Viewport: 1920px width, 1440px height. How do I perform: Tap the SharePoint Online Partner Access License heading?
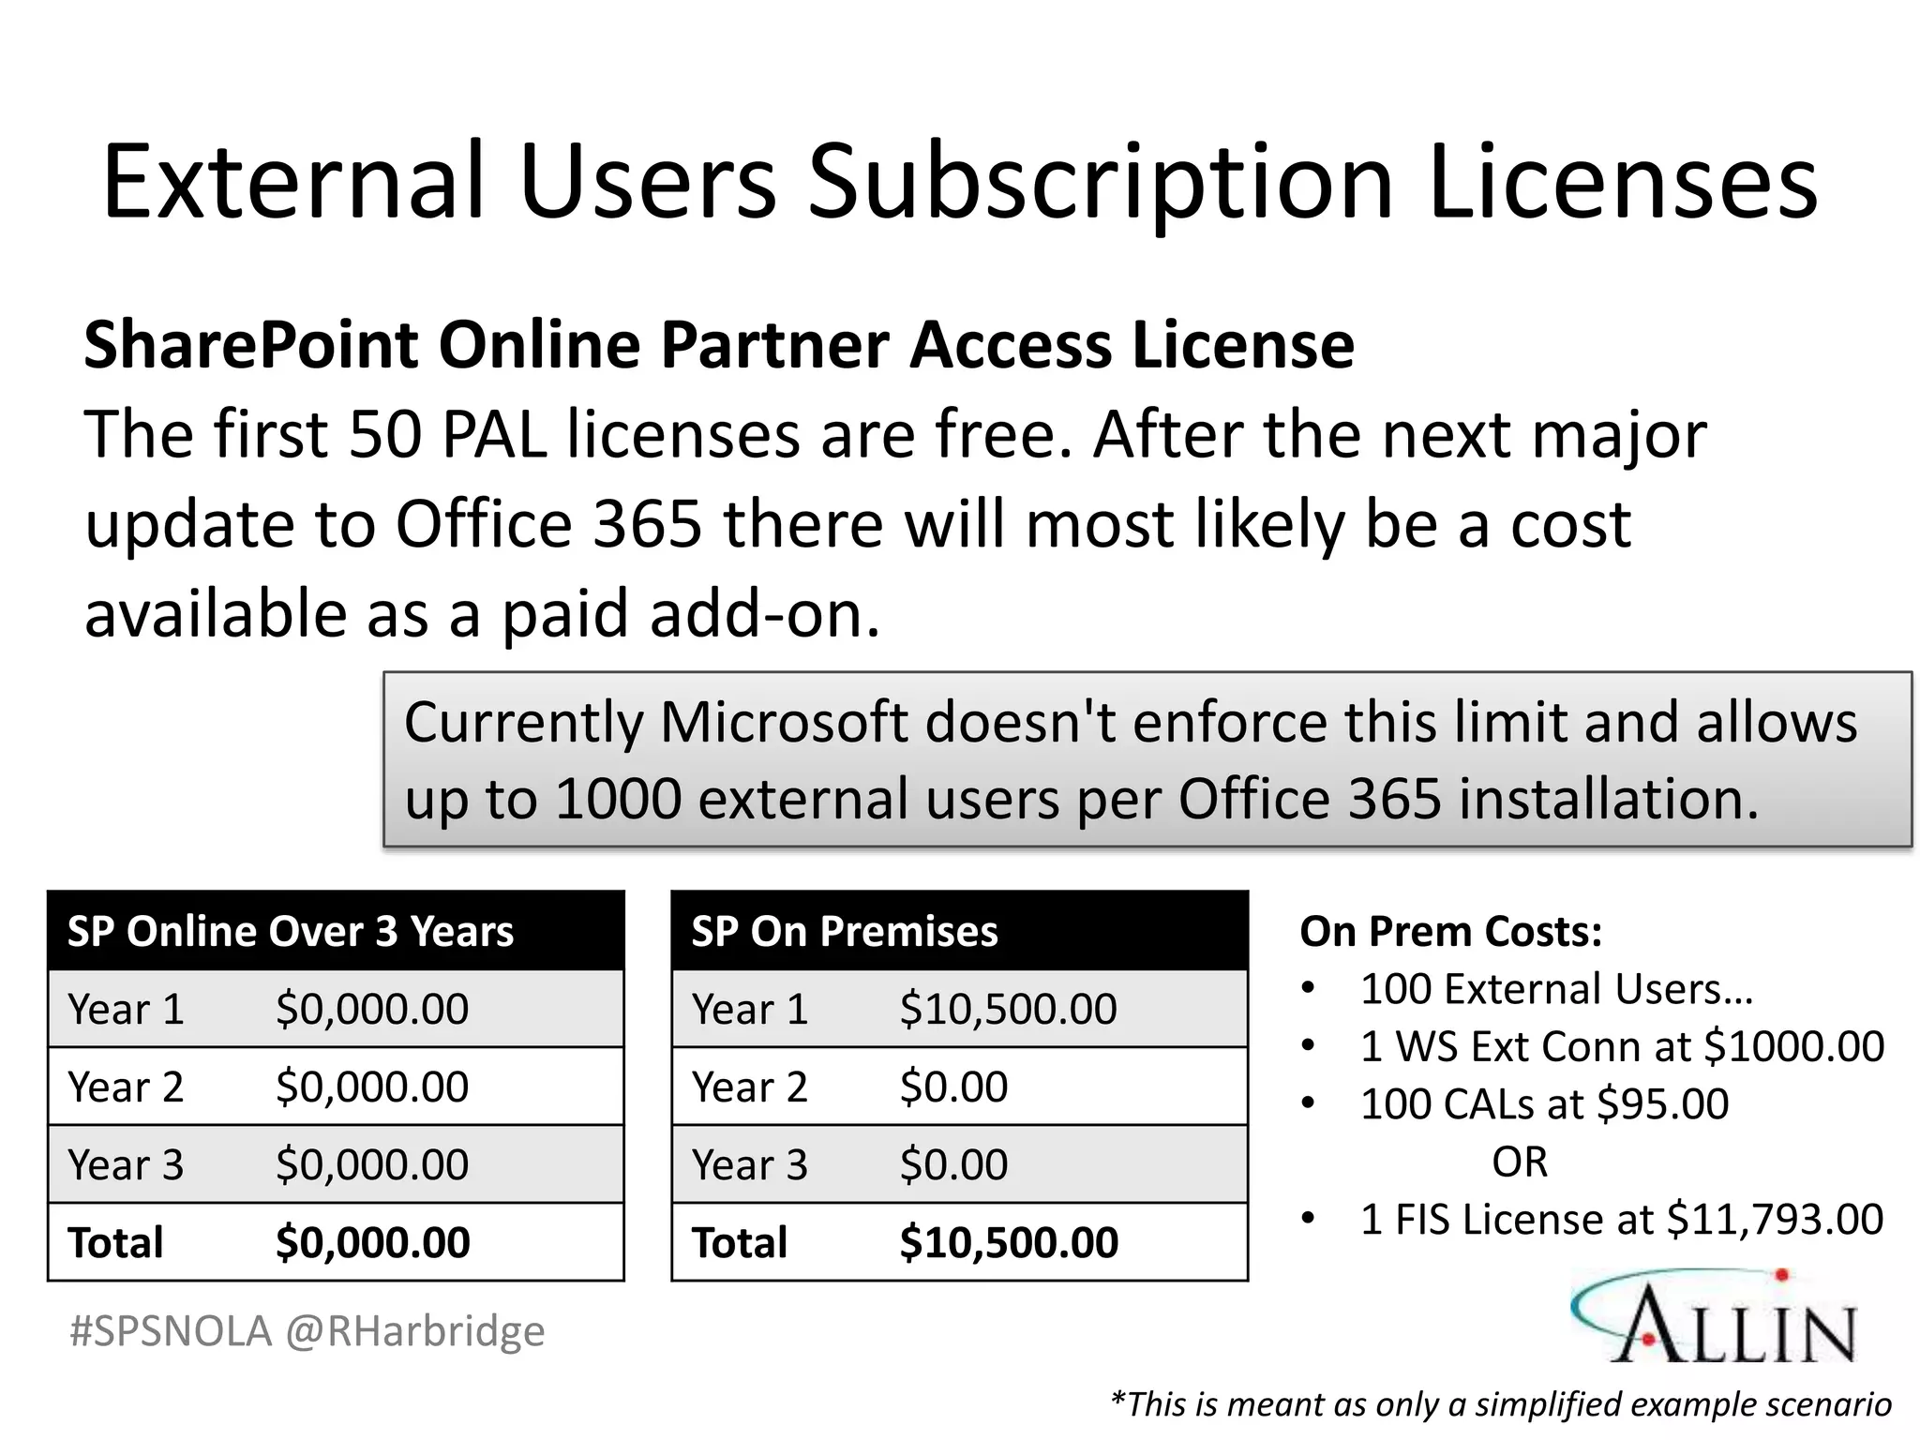[x=719, y=345]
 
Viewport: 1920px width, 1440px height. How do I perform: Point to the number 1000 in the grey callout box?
[x=618, y=799]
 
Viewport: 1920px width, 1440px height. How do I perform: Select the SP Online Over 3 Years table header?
[x=291, y=932]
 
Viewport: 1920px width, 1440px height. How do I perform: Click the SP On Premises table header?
[x=845, y=932]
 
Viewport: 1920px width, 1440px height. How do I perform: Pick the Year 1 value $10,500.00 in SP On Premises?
[x=1008, y=1010]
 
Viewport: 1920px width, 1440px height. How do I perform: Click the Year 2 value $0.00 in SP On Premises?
[x=953, y=1087]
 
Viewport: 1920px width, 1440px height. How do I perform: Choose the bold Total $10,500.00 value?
[x=1009, y=1243]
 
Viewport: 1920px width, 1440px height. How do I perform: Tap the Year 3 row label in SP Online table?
[x=126, y=1165]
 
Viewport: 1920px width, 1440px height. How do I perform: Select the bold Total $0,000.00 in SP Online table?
[x=372, y=1243]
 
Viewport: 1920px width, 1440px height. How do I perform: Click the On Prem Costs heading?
[x=1450, y=932]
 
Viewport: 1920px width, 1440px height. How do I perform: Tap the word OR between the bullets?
[x=1520, y=1162]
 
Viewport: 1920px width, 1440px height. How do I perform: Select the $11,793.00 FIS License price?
[x=1774, y=1220]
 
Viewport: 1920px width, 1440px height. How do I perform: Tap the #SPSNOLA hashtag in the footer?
[x=171, y=1331]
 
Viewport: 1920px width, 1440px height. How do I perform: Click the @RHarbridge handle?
[x=414, y=1331]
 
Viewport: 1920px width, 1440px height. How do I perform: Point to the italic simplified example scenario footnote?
[x=1500, y=1404]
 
